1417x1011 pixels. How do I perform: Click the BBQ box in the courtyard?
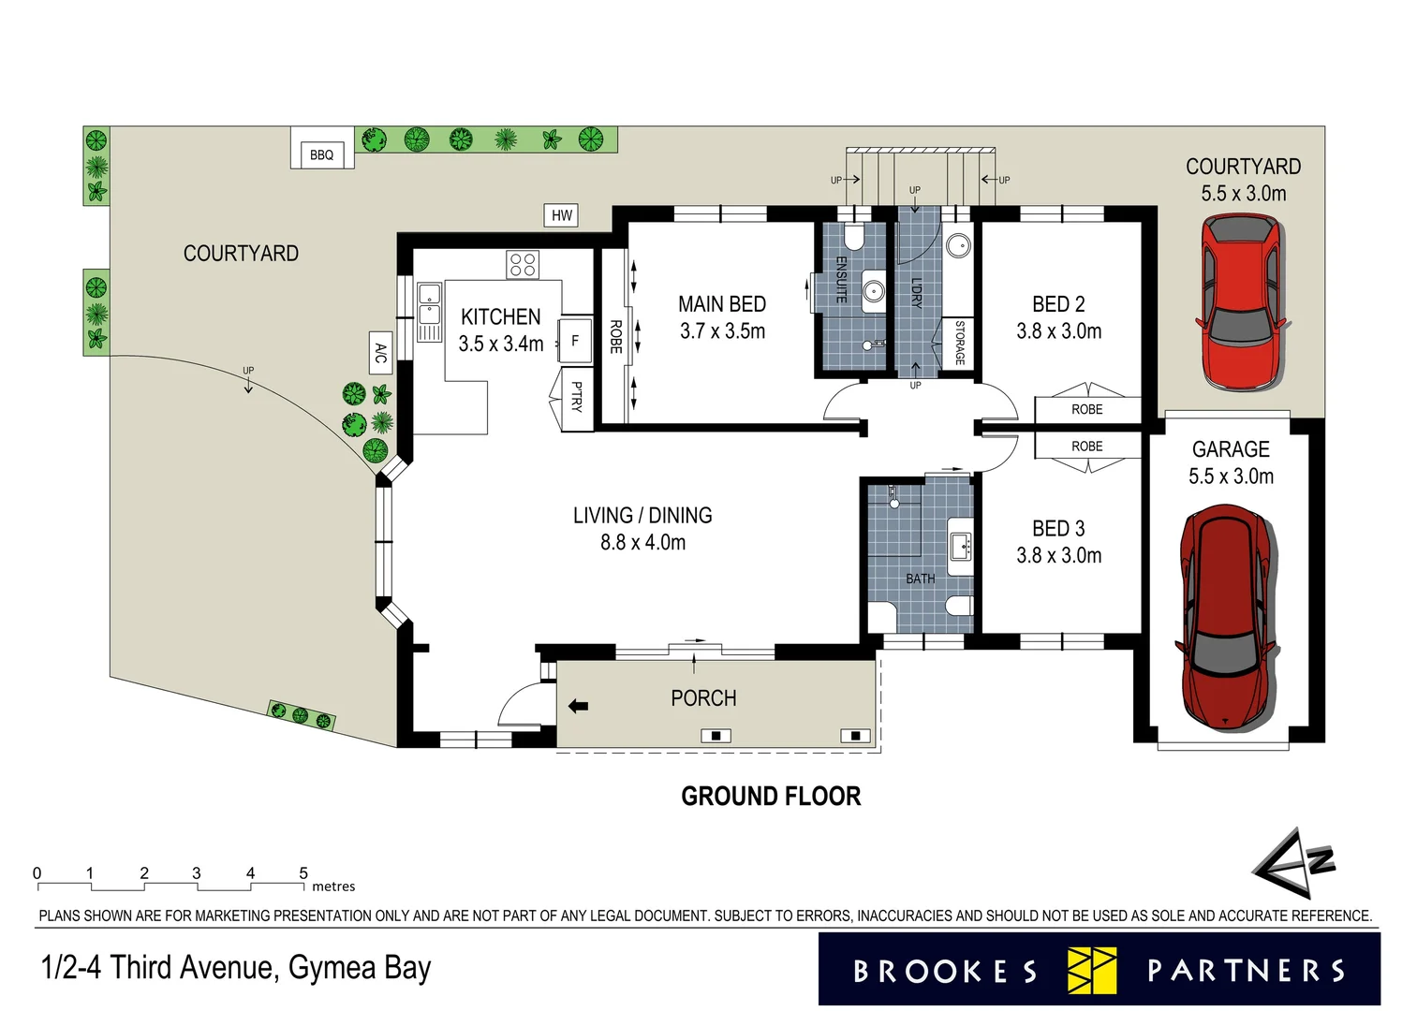(321, 154)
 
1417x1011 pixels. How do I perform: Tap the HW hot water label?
(561, 215)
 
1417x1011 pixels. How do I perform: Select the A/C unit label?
(380, 353)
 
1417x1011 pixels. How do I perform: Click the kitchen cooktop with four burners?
(523, 265)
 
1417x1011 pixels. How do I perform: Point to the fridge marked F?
(575, 341)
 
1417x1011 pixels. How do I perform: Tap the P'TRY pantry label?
(577, 397)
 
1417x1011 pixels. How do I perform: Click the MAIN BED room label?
(721, 305)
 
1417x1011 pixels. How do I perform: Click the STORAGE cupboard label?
(959, 343)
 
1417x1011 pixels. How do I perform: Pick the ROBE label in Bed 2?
(1086, 410)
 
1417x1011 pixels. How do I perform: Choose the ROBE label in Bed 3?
(1086, 447)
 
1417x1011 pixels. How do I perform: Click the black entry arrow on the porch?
(578, 706)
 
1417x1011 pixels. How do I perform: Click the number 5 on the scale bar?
(303, 873)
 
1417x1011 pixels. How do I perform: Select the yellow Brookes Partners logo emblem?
(1091, 971)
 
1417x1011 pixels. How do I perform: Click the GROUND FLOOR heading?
(770, 797)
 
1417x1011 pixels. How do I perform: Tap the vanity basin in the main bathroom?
(959, 545)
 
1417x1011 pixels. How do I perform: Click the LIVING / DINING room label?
(642, 516)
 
